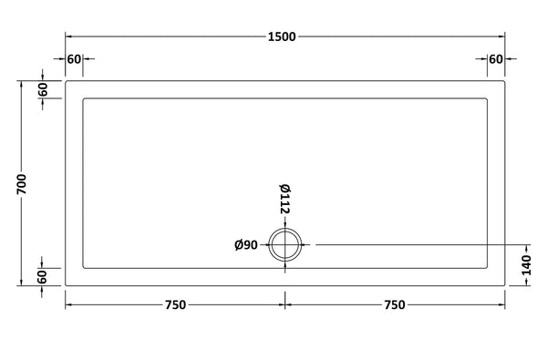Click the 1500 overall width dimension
[282, 36]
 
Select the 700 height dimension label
[22, 184]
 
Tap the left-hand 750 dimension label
[175, 305]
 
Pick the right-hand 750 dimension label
[395, 305]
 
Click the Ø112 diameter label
[285, 199]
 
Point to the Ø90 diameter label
[246, 245]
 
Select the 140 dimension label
[526, 265]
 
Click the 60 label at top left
[74, 59]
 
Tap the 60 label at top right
[496, 59]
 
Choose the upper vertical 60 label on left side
[43, 89]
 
